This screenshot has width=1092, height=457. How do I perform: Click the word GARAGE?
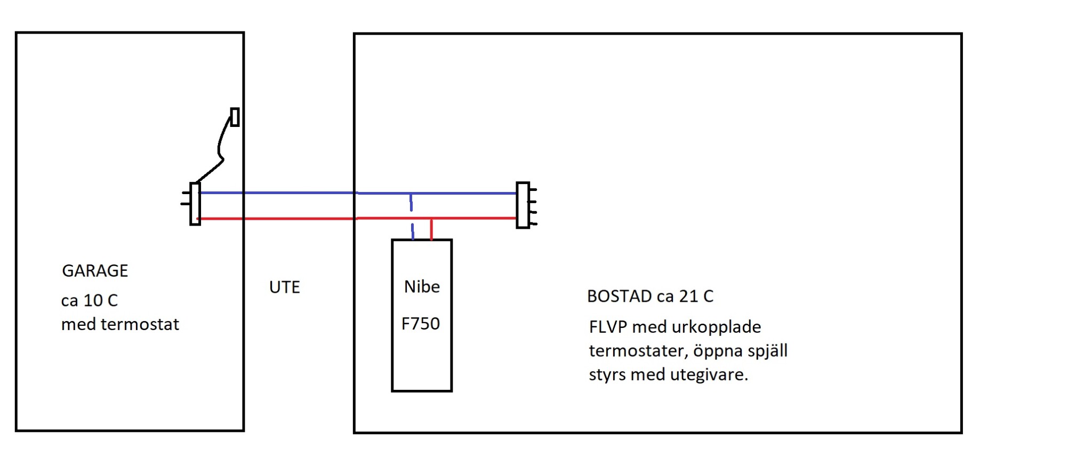tap(95, 271)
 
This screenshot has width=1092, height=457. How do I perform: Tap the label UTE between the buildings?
tap(284, 287)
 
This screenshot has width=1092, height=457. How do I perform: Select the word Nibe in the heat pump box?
tap(422, 287)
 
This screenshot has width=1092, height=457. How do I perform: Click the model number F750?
tap(421, 324)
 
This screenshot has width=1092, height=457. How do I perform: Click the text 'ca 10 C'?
tap(89, 301)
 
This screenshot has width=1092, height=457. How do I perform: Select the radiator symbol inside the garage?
tap(195, 204)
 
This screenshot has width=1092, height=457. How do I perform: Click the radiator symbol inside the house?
tap(523, 205)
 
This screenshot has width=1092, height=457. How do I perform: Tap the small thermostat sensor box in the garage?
tap(235, 117)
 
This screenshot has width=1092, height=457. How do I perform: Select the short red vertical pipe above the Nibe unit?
tap(431, 229)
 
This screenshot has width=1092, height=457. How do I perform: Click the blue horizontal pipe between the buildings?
tap(299, 193)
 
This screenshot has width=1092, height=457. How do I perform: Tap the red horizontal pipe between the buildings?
tap(299, 219)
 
